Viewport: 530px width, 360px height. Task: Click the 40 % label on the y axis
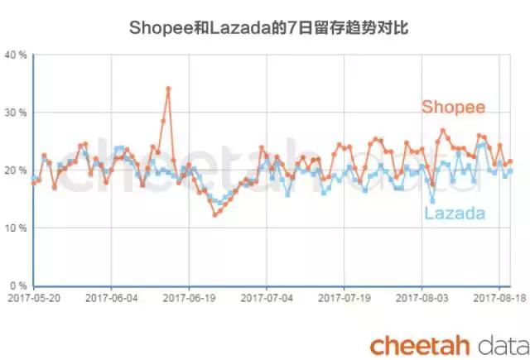[x=16, y=55]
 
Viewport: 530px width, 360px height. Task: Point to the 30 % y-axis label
[x=16, y=113]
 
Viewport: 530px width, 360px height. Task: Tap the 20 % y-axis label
[x=16, y=170]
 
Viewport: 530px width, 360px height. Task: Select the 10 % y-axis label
[x=16, y=228]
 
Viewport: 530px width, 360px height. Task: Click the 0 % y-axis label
[x=18, y=286]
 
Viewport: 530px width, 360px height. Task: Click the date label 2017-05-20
[x=33, y=295]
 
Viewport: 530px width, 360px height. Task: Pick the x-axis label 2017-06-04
[x=111, y=295]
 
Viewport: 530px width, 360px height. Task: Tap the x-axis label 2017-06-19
[x=189, y=295]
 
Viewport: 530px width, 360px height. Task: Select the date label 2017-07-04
[x=267, y=295]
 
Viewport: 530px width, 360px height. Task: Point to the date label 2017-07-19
[x=345, y=295]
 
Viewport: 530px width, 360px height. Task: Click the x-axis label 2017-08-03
[x=423, y=295]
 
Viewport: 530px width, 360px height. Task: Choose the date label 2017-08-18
[x=499, y=295]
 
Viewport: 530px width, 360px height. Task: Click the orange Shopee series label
[x=453, y=108]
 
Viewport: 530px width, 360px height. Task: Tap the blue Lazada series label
[x=455, y=214]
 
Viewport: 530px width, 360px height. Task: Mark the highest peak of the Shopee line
[x=168, y=89]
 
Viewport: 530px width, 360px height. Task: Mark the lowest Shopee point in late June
[x=215, y=214]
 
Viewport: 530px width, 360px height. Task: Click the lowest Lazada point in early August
[x=432, y=200]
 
